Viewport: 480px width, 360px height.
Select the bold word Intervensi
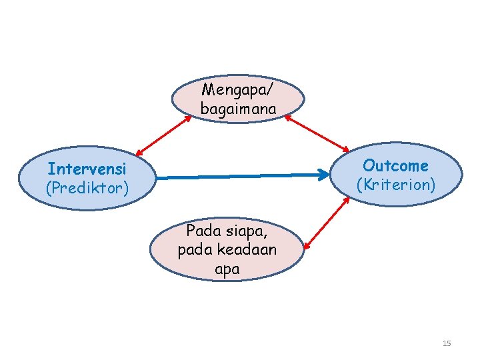[87, 169]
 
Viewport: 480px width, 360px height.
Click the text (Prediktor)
[87, 188]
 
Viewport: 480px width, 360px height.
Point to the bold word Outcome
[396, 165]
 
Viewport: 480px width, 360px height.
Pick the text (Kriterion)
[396, 184]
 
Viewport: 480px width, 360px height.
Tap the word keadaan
[254, 251]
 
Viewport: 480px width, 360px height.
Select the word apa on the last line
[227, 270]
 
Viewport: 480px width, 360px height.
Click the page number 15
[447, 343]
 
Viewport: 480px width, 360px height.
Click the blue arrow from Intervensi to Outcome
[243, 177]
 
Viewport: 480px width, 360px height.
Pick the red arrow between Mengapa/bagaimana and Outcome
[317, 133]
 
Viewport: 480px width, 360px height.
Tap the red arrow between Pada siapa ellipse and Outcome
[326, 223]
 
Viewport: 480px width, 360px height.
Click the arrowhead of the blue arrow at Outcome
[326, 175]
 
